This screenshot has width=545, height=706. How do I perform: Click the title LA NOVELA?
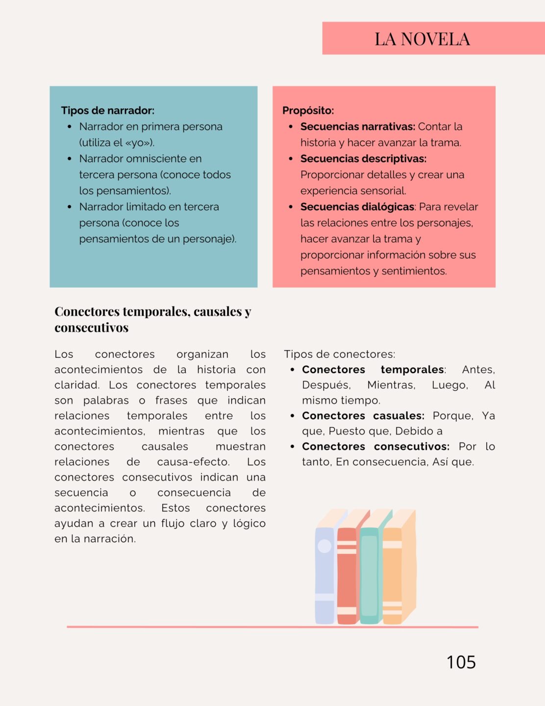click(422, 39)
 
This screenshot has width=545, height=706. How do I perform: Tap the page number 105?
click(461, 662)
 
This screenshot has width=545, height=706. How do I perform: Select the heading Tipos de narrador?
click(108, 110)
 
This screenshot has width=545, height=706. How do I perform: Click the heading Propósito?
click(308, 110)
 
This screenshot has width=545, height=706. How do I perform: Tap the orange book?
click(392, 574)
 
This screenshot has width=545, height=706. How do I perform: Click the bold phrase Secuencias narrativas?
click(358, 126)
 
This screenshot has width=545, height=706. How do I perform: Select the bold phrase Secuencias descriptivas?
click(363, 159)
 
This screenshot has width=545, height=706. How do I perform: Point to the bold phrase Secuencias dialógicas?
click(357, 207)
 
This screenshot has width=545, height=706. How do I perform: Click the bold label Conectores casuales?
click(363, 416)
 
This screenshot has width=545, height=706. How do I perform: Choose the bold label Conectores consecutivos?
click(375, 447)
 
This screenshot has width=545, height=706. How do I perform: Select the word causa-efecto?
click(193, 462)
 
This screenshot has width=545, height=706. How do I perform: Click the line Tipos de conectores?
click(339, 354)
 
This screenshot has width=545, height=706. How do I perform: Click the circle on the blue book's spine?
click(324, 546)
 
